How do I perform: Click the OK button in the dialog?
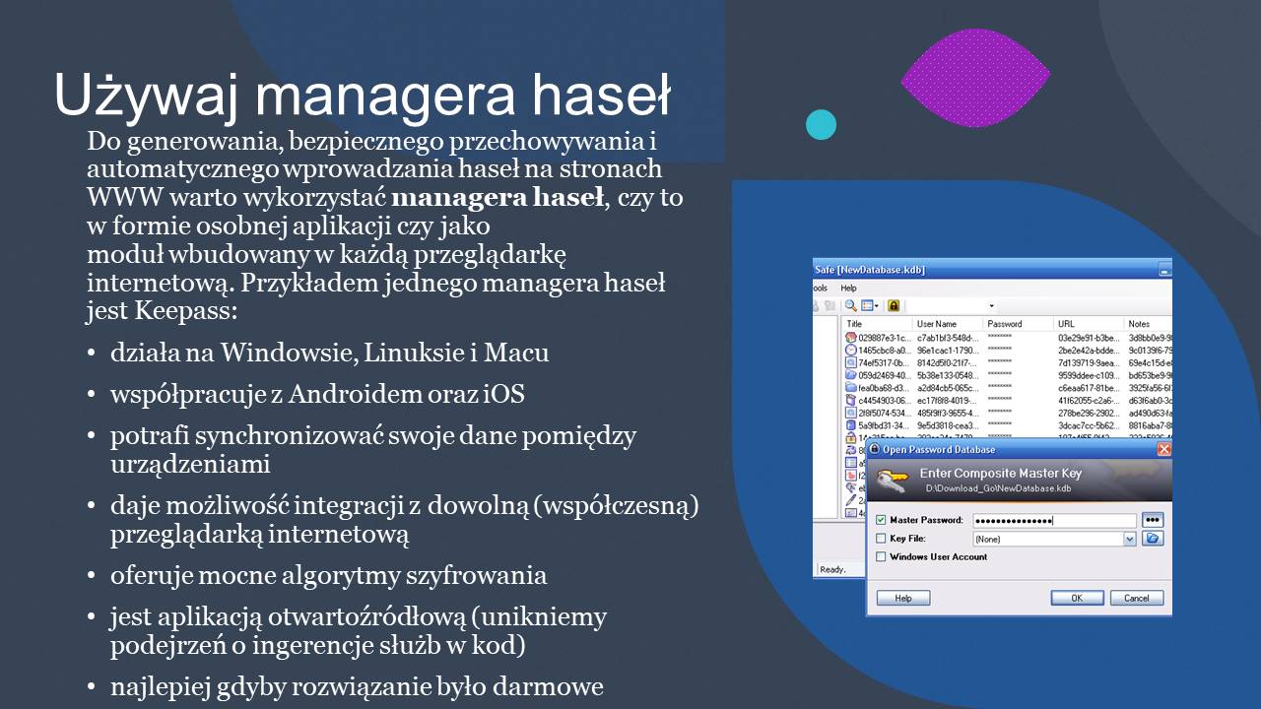[x=1077, y=598]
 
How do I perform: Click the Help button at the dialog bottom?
[x=902, y=598]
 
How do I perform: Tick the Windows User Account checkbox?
[x=881, y=557]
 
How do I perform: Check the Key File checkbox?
[x=881, y=539]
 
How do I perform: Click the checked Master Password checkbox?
[x=881, y=520]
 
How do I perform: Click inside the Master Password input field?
[x=1054, y=520]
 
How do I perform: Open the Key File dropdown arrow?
[x=1130, y=539]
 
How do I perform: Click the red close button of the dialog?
[x=1163, y=449]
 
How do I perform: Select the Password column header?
[x=1005, y=324]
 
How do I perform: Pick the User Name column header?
[x=937, y=324]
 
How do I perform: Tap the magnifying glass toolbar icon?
[x=850, y=305]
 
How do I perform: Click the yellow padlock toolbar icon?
[x=894, y=305]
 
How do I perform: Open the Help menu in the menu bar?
[x=848, y=288]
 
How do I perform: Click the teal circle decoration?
[x=821, y=125]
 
